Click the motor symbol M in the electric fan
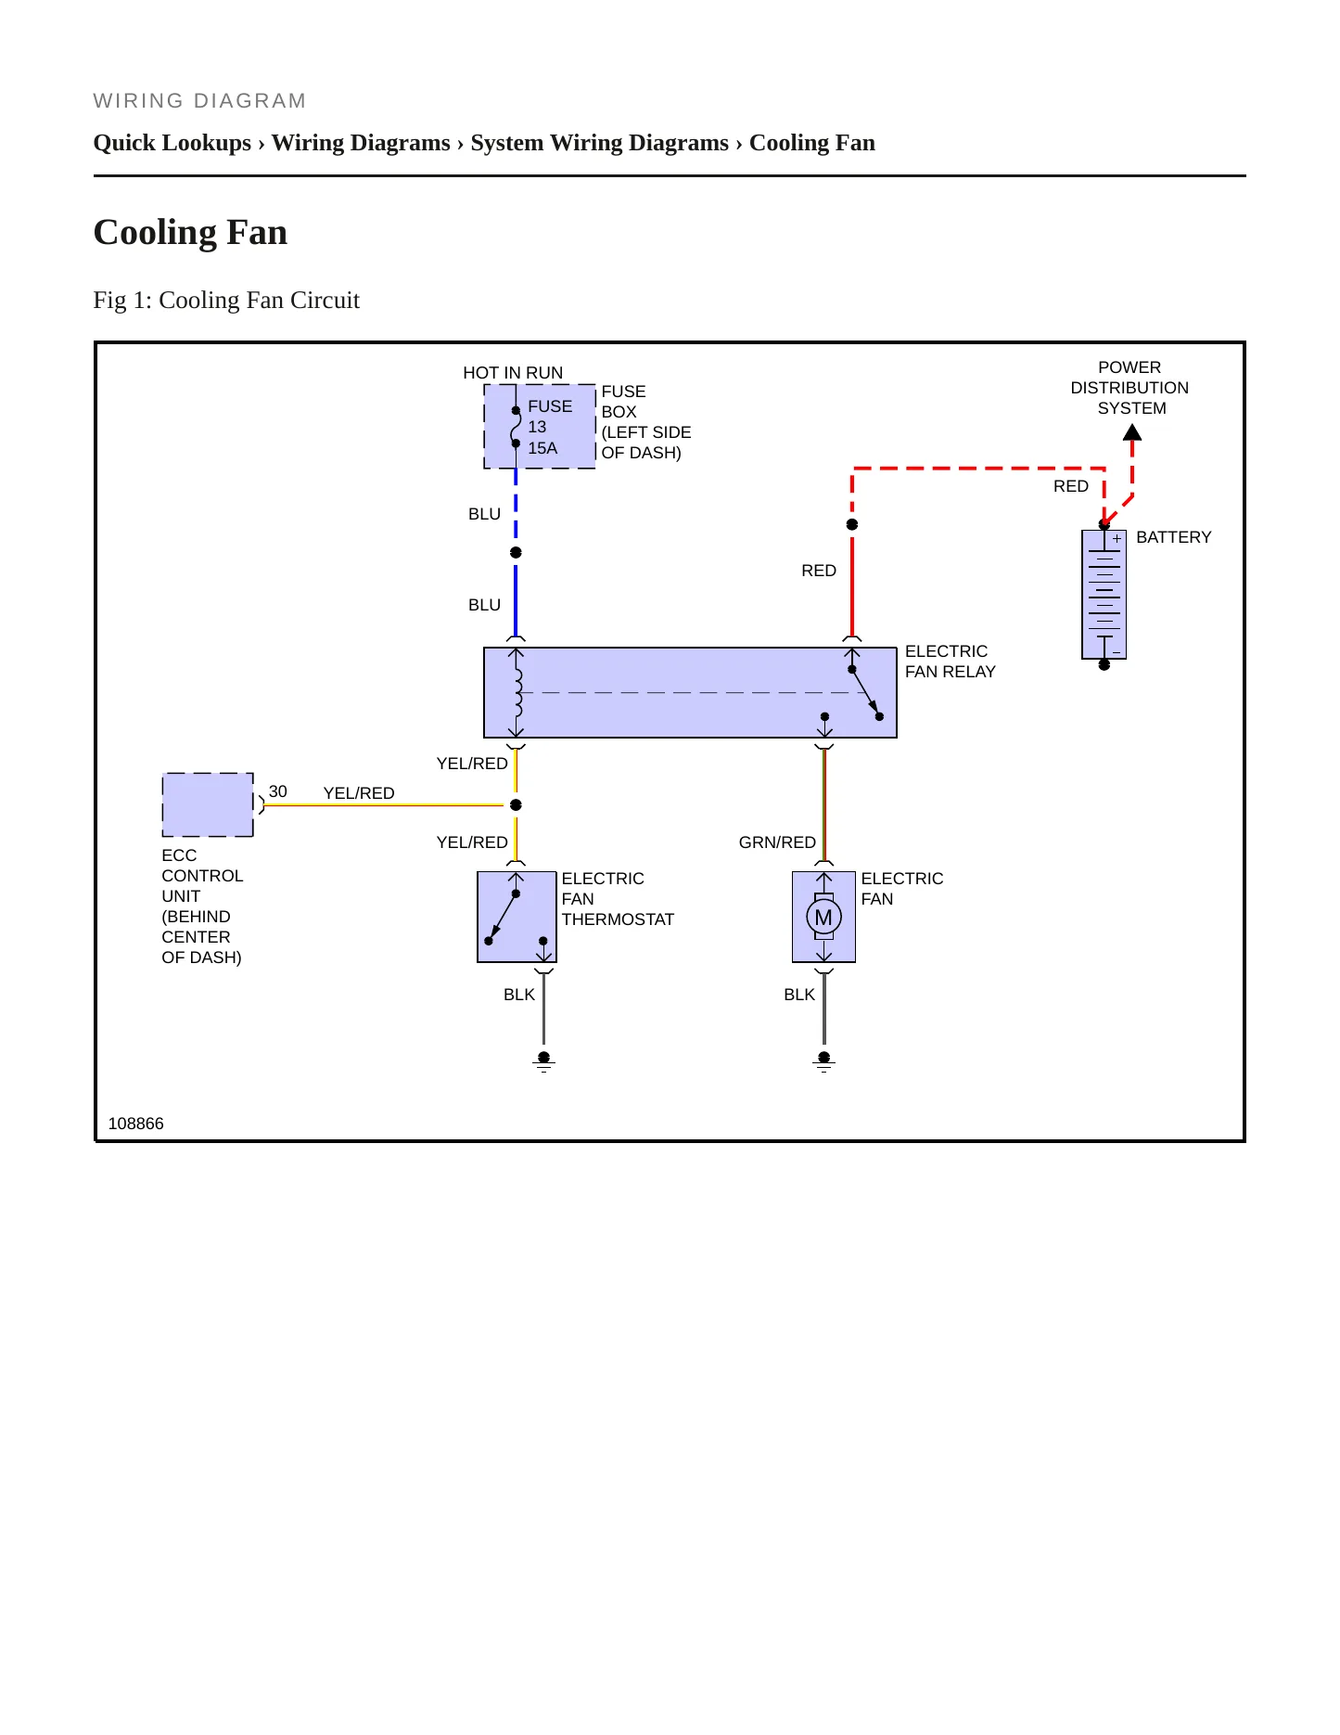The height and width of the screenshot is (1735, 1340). [x=823, y=918]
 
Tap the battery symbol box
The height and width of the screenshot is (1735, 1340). [x=1104, y=595]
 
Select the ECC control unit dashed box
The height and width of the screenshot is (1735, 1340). [x=208, y=804]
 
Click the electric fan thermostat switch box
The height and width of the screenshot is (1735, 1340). [x=517, y=917]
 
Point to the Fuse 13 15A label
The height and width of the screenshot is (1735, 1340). [x=550, y=427]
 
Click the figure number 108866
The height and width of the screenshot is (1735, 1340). [x=136, y=1124]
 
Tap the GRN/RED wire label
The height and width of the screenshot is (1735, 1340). [x=777, y=842]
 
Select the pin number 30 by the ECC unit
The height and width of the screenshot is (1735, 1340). [x=278, y=791]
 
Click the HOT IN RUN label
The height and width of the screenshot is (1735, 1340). [x=513, y=373]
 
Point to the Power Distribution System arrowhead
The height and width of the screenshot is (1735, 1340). [x=1132, y=432]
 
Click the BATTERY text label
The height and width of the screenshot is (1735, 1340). [x=1174, y=537]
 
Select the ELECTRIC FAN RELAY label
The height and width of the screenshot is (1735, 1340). [x=951, y=662]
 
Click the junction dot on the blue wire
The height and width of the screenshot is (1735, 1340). [x=517, y=553]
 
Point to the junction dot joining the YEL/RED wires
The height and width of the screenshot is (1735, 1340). [x=517, y=805]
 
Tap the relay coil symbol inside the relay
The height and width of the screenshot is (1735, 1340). [x=517, y=692]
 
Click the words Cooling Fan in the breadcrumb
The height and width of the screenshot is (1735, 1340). [x=812, y=143]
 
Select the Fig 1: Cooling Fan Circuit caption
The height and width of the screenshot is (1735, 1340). [x=226, y=301]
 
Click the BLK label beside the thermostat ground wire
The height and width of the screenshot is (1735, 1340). [x=519, y=995]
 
